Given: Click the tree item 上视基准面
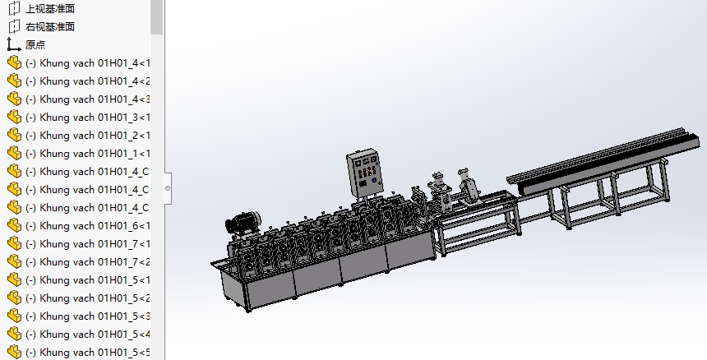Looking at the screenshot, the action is (49, 8).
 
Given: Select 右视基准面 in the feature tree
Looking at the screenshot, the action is (49, 26).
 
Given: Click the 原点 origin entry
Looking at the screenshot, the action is (35, 44).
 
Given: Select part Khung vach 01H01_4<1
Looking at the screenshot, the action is (87, 63).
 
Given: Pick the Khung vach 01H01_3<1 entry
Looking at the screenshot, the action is (87, 118).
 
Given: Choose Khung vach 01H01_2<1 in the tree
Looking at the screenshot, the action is (87, 135).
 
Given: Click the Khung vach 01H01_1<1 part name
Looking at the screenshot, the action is (87, 153).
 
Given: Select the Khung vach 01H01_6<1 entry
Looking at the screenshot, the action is (87, 226).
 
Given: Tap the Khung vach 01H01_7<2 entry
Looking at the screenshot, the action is (87, 261).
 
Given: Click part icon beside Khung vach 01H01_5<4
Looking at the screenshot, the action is (15, 334).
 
